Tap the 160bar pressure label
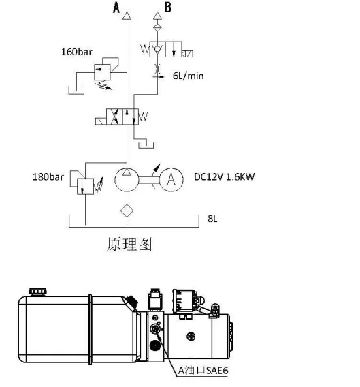[x=77, y=51]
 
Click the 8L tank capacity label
[x=213, y=219]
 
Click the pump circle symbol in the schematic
[x=126, y=179]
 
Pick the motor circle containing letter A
[x=172, y=179]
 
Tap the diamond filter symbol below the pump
[x=126, y=208]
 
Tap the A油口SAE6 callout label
[x=201, y=371]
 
